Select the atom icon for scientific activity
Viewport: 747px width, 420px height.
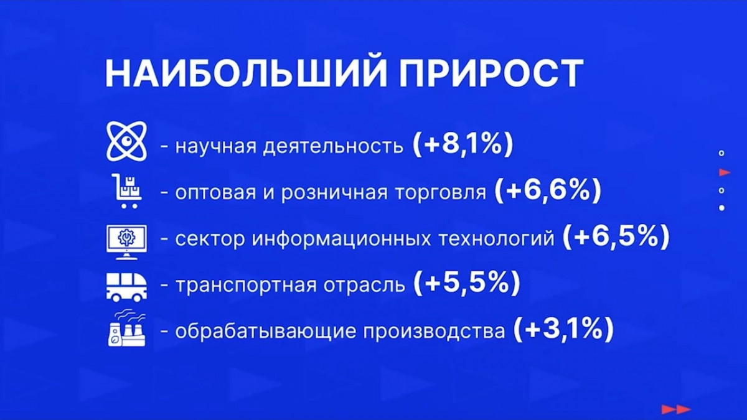[x=126, y=141]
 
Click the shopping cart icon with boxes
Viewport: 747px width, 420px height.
[x=127, y=190]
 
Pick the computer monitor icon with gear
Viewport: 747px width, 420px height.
[x=126, y=242]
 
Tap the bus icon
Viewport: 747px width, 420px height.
[x=126, y=287]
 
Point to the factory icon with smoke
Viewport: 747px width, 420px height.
[x=127, y=329]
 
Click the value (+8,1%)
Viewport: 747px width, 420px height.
[x=463, y=144]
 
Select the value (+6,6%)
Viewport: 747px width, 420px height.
[x=548, y=190]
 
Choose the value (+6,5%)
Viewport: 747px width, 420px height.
[x=616, y=237]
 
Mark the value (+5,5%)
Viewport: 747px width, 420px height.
[x=466, y=283]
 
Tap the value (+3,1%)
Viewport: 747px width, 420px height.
[x=563, y=329]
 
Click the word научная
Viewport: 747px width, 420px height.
[x=215, y=147]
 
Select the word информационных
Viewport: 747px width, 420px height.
[x=341, y=239]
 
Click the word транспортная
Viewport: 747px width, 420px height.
[x=246, y=286]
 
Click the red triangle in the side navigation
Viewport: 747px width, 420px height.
[x=725, y=172]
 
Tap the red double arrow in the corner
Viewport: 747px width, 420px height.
[x=676, y=409]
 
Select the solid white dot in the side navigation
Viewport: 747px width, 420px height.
[x=721, y=208]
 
